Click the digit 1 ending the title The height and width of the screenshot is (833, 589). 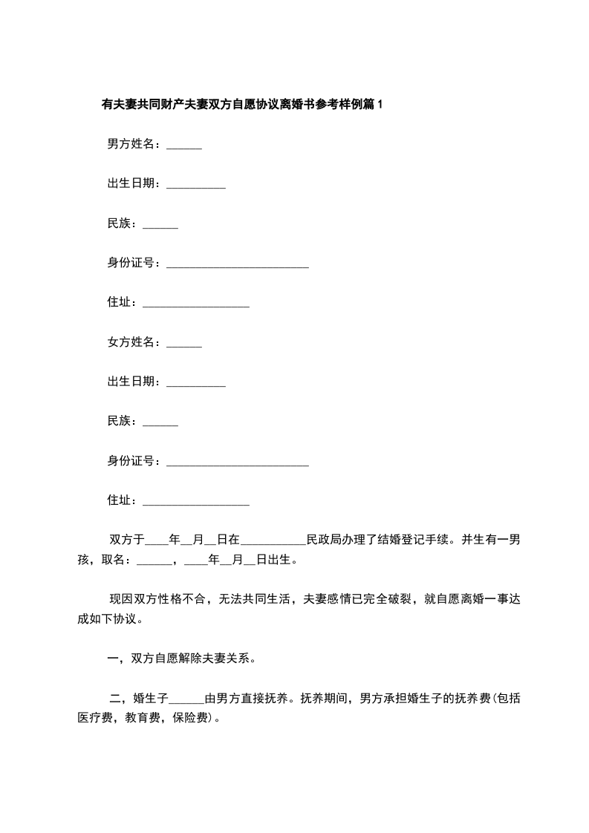[381, 105]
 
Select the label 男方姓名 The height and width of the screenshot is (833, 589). [132, 144]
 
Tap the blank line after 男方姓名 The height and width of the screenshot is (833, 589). [184, 146]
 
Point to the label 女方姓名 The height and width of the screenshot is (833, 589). [132, 342]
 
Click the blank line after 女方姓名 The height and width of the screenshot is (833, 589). [184, 344]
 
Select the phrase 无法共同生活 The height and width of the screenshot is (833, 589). [257, 599]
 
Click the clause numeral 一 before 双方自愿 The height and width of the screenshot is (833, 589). [114, 659]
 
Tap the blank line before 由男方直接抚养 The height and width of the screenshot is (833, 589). [186, 701]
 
